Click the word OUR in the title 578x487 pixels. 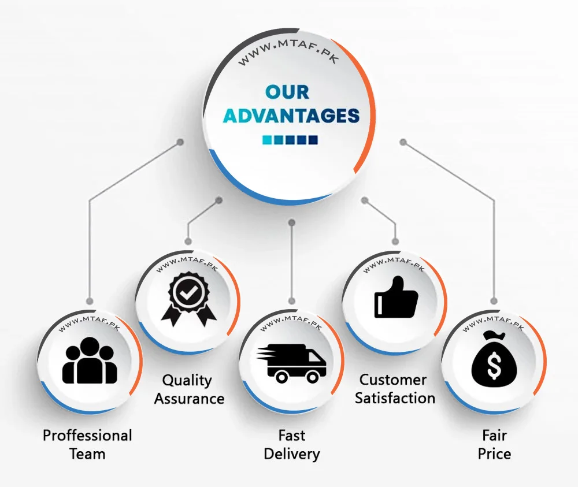tap(287, 92)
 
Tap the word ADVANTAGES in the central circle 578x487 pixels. tap(291, 116)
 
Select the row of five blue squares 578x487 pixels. tap(290, 140)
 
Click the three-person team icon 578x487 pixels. tap(90, 361)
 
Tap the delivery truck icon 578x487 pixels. tap(292, 363)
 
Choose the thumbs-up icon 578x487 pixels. tap(396, 297)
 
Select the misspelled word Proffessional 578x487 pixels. tap(87, 435)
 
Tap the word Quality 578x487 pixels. tap(187, 380)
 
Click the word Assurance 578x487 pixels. tap(189, 399)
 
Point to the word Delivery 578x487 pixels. tap(291, 454)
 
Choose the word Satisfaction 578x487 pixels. tap(395, 398)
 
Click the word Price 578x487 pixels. tap(494, 453)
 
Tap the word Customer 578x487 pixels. tap(393, 380)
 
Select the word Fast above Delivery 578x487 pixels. tap(291, 435)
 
